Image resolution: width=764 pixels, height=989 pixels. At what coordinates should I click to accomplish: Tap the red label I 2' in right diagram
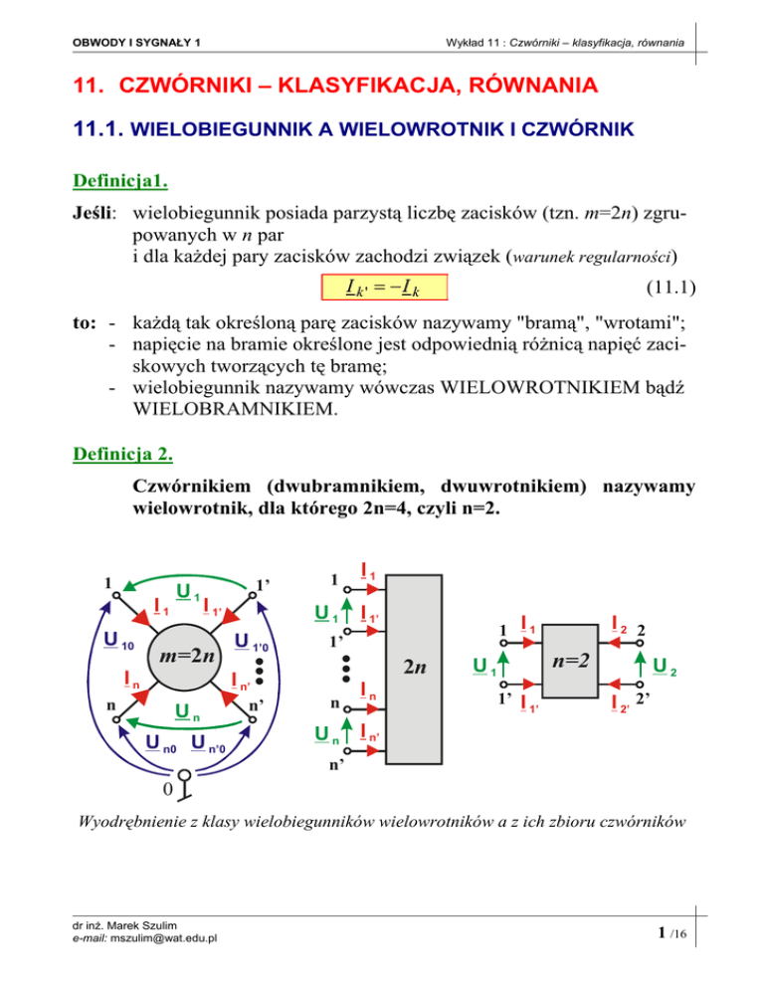620,707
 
